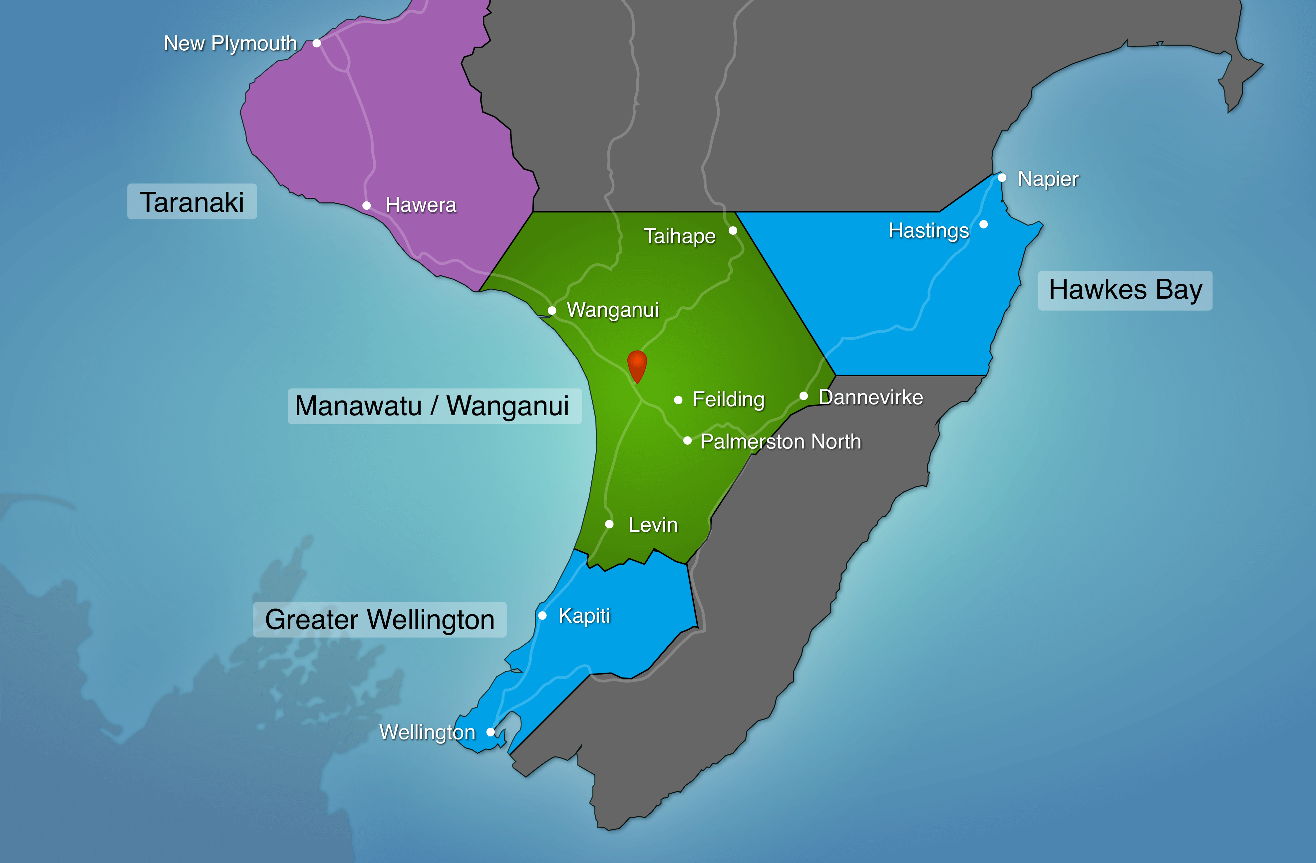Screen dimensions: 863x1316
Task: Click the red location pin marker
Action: pyautogui.click(x=637, y=365)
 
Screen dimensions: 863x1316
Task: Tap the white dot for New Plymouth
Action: pyautogui.click(x=317, y=43)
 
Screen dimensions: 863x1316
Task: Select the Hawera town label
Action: pyautogui.click(x=421, y=205)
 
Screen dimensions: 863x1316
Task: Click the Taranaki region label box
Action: pyautogui.click(x=192, y=202)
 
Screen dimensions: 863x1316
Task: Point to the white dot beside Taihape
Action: pyautogui.click(x=733, y=230)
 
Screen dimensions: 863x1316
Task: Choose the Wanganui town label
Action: pyautogui.click(x=613, y=310)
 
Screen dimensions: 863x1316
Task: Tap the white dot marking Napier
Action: pyautogui.click(x=1002, y=177)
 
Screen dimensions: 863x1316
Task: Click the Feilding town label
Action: pyautogui.click(x=728, y=399)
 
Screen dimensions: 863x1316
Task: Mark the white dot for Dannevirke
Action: pyautogui.click(x=804, y=396)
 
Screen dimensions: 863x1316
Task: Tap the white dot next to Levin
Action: pyautogui.click(x=609, y=524)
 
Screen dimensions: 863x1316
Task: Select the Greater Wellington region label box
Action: pyautogui.click(x=380, y=619)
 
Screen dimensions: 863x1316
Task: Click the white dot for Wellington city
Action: pyautogui.click(x=491, y=732)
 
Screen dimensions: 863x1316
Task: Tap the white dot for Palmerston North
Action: pyautogui.click(x=687, y=440)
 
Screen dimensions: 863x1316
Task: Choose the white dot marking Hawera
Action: pyautogui.click(x=366, y=206)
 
